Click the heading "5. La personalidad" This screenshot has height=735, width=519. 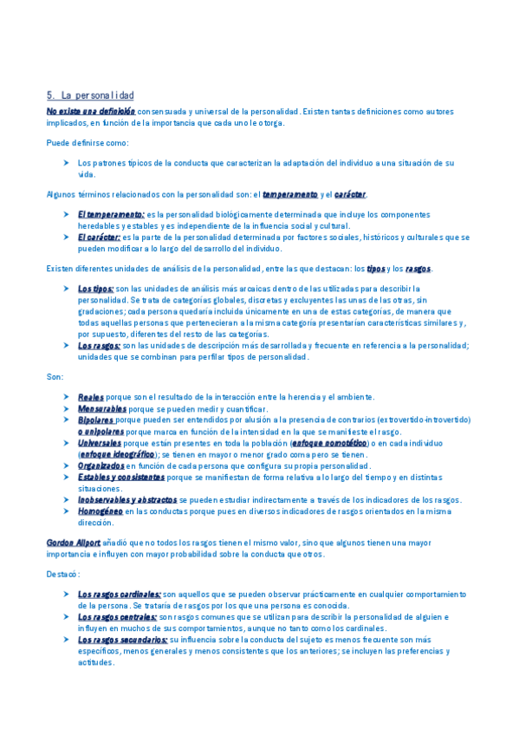click(x=90, y=94)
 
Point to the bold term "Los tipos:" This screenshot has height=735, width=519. click(x=95, y=289)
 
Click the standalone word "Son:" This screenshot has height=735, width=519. click(x=55, y=377)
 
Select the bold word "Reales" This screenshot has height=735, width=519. click(x=91, y=397)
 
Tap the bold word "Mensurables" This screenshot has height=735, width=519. click(x=101, y=408)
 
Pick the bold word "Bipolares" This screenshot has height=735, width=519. click(x=96, y=420)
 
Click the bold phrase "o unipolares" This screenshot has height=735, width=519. click(x=101, y=431)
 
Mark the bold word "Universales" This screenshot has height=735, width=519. click(x=99, y=442)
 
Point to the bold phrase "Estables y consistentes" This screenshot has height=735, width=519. click(x=120, y=477)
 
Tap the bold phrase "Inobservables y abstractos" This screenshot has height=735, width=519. click(x=127, y=499)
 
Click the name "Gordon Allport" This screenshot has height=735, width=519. click(x=74, y=542)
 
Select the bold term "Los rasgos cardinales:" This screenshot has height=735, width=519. click(x=120, y=594)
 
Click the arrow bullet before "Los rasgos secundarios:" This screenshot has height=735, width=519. click(x=68, y=640)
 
